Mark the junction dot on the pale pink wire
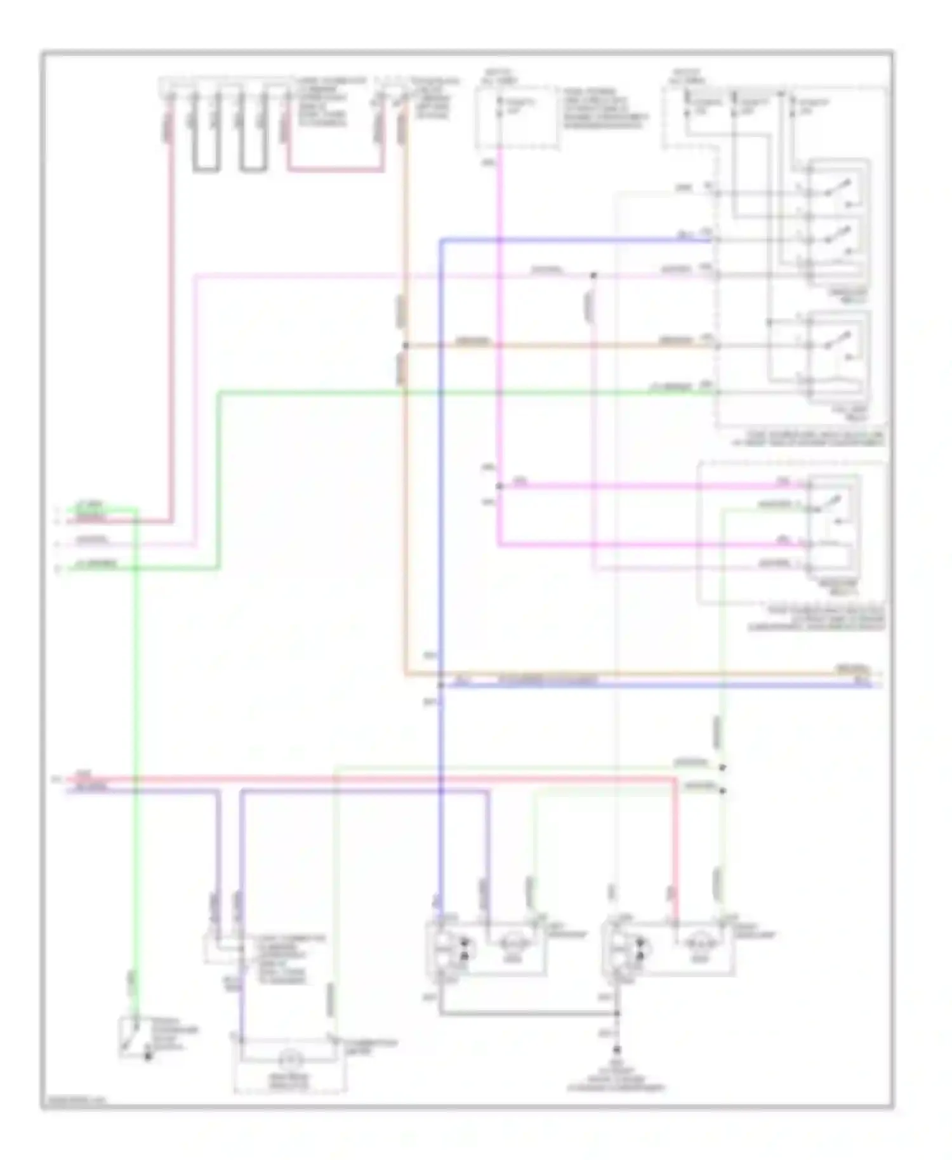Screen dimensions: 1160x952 (594, 275)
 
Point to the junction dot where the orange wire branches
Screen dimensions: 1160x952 (405, 346)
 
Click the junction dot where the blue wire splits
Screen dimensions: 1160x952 (441, 685)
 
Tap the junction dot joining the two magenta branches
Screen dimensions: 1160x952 (499, 487)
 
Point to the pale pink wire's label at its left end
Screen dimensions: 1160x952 (93, 541)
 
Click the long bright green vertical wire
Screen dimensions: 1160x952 (135, 761)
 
